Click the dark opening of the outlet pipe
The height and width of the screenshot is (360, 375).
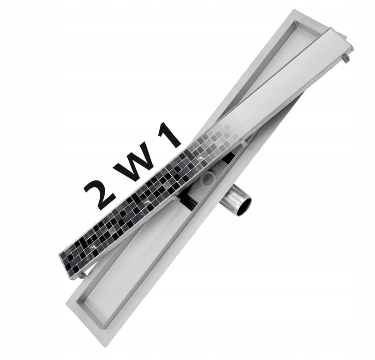pos(243,205)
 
